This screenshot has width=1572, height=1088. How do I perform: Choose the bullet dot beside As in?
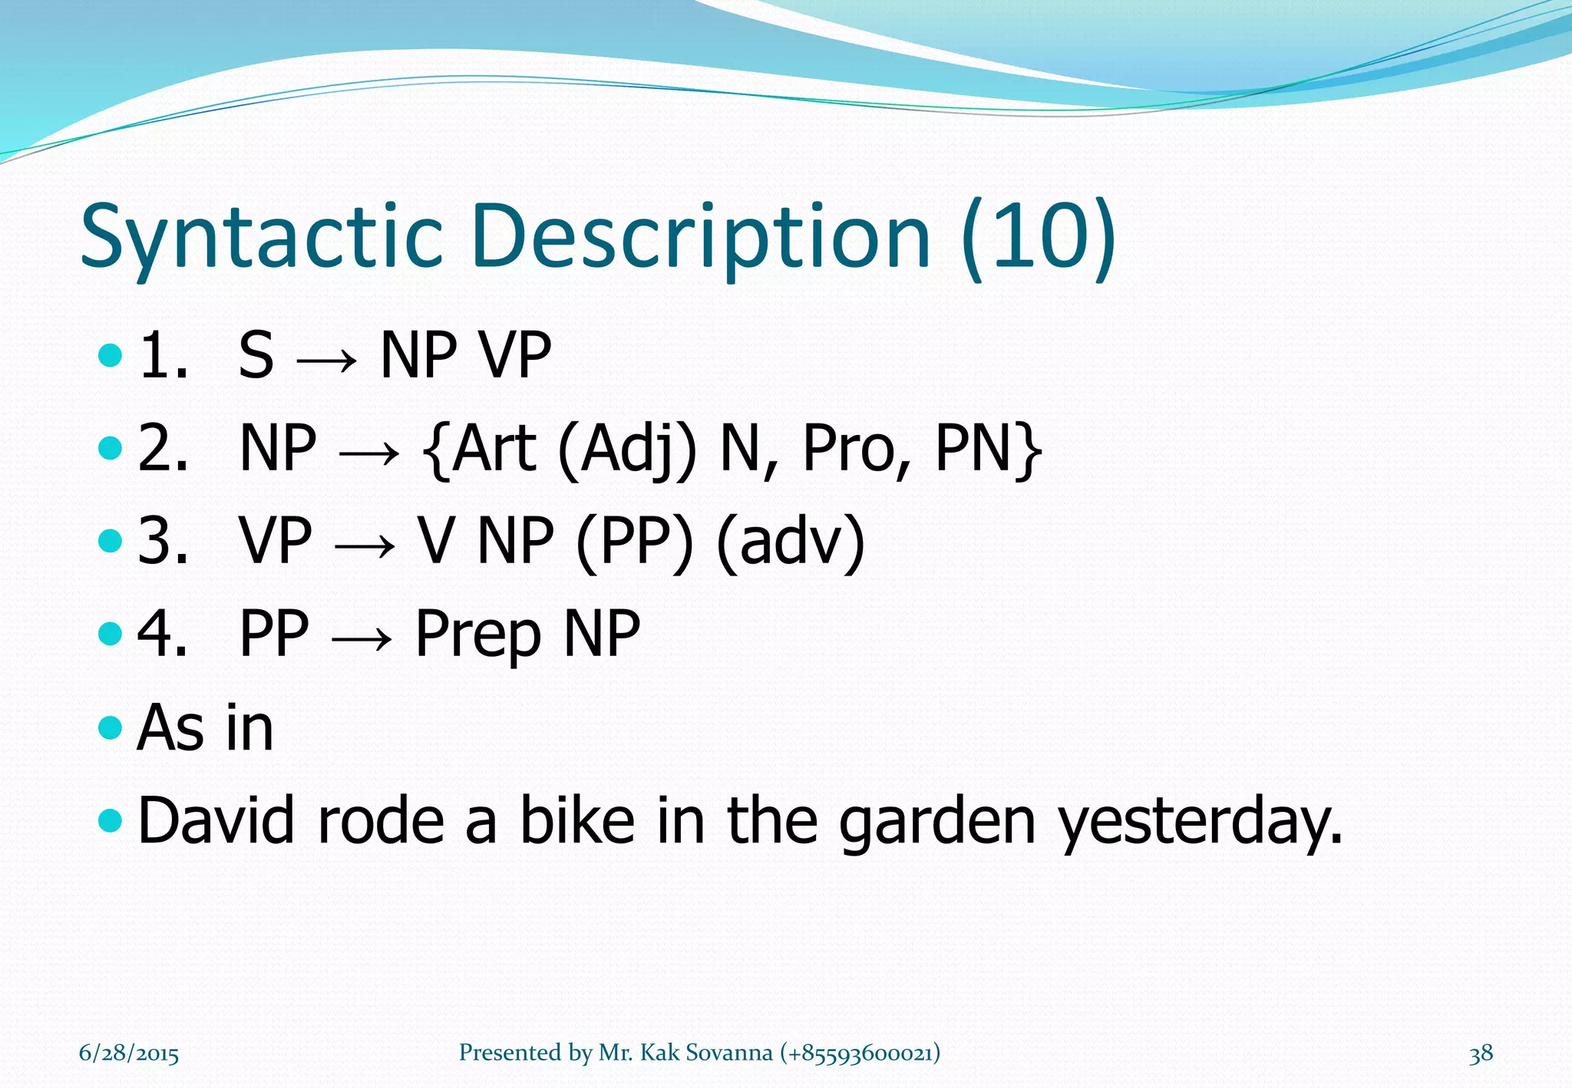[111, 727]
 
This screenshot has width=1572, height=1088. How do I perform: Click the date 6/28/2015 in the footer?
[129, 1053]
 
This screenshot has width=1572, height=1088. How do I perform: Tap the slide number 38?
[1481, 1053]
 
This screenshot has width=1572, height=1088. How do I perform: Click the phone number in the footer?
[860, 1053]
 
